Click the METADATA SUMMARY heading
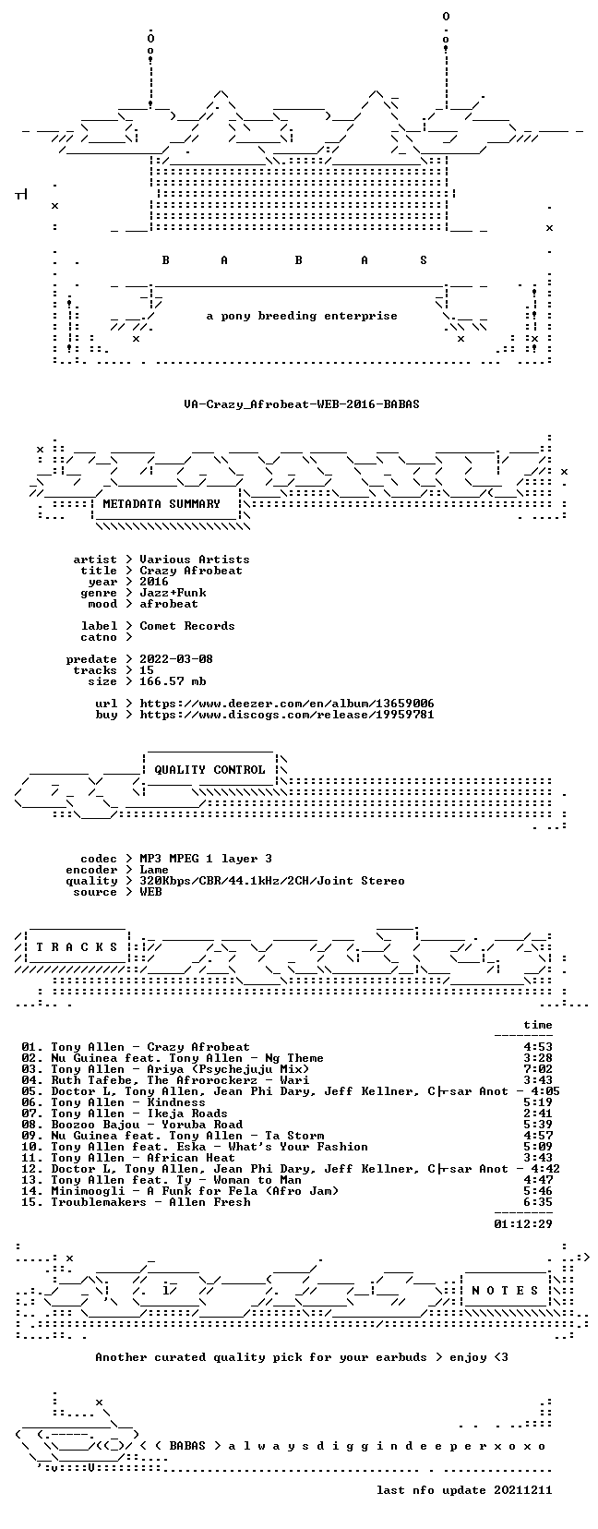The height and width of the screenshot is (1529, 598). click(161, 504)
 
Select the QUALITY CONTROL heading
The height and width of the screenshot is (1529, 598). click(209, 769)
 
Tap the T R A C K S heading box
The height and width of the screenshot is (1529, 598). click(77, 946)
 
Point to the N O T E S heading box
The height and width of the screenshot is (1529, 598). click(506, 1290)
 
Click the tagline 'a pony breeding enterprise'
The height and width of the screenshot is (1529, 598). click(302, 316)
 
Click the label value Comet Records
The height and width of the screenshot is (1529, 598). click(186, 626)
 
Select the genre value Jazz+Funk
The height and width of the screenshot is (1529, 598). click(173, 593)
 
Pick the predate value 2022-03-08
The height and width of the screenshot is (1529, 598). click(176, 658)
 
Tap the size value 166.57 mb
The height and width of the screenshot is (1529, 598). click(173, 681)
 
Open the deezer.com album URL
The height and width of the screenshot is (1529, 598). click(286, 703)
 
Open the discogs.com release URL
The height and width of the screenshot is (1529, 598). click(286, 715)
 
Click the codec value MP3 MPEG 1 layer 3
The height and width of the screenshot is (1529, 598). click(205, 859)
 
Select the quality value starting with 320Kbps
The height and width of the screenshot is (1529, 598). click(272, 881)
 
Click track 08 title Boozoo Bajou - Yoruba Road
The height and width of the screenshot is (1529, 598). click(147, 1125)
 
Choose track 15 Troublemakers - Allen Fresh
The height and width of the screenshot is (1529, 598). click(150, 1202)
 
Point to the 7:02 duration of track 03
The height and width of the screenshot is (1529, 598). click(538, 1069)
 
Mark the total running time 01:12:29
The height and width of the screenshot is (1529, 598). click(523, 1224)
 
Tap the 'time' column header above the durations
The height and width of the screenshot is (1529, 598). click(538, 1025)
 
